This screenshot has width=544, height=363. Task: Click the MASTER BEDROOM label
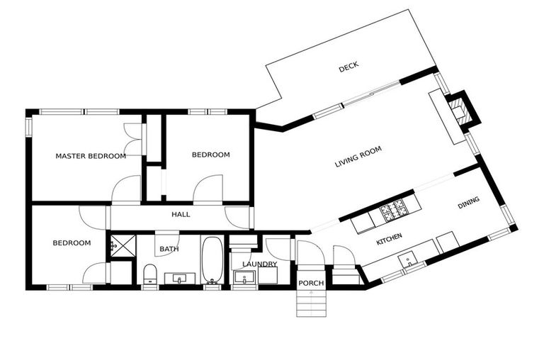(91, 156)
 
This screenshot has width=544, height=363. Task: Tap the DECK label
(348, 67)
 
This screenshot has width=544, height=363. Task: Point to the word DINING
(468, 203)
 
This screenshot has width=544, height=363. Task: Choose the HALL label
(181, 214)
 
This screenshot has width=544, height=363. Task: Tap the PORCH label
(311, 283)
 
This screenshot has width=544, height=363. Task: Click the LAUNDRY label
(259, 264)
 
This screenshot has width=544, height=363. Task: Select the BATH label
(169, 249)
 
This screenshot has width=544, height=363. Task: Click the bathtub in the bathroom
(211, 259)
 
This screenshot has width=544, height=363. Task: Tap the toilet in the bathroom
(150, 274)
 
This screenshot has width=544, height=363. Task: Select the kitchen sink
(409, 261)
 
